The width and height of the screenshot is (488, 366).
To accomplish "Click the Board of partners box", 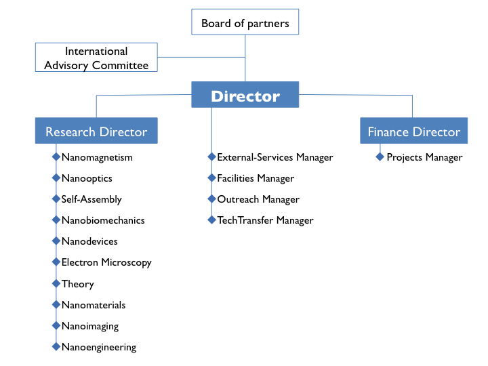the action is pos(245,22).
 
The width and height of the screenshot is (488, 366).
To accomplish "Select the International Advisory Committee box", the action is pos(96,57).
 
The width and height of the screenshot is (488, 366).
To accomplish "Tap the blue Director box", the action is pos(245,95).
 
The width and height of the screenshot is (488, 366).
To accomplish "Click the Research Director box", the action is pos(96,130).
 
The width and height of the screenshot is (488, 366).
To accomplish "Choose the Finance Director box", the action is pos(413,130).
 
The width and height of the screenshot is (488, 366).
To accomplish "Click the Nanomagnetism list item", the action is pos(97,157).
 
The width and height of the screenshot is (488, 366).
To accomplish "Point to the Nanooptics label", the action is pos(87,179).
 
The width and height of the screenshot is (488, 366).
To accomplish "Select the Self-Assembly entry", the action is pos(91,199).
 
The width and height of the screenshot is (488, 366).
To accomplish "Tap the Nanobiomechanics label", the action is pos(103,220).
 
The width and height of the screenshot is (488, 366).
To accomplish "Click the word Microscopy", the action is pos(126,263).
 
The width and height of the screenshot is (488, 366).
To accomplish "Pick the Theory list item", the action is pos(78,284).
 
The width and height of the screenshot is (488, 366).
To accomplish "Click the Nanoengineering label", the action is pos(99,347).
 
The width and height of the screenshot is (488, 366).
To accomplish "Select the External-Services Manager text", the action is pos(275,157).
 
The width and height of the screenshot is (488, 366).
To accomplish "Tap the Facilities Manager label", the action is pos(256,179).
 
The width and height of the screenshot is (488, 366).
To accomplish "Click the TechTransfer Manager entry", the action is pos(265,220).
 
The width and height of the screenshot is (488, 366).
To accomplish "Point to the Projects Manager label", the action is pos(424,157).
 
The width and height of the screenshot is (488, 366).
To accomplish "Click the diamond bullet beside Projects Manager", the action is pos(380,157).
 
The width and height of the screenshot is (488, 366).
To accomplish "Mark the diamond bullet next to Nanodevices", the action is pos(56,241).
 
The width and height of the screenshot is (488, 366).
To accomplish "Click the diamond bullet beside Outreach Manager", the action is pos(211,199).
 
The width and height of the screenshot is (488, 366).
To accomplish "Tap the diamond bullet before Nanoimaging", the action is pos(56,325).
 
